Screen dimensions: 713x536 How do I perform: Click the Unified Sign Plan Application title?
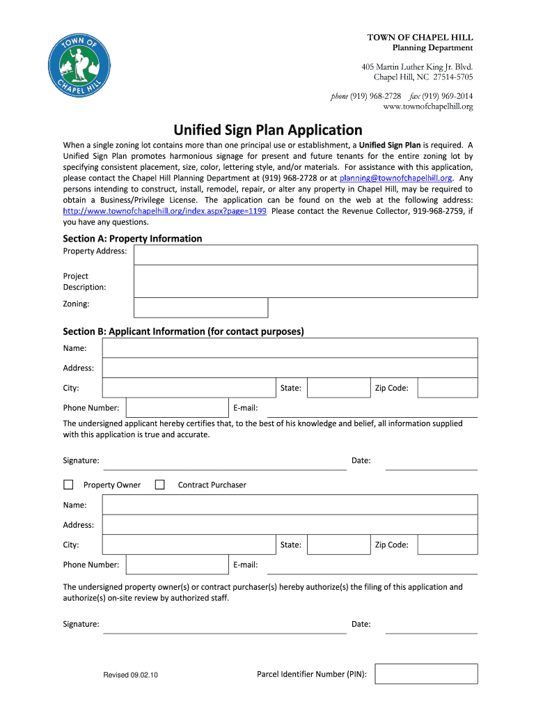click(x=268, y=130)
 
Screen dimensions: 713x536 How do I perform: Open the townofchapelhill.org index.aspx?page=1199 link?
click(x=165, y=211)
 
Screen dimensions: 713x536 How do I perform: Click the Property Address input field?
click(x=306, y=255)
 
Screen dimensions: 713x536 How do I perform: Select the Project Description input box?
click(x=306, y=281)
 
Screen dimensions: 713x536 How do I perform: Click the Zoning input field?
click(x=200, y=308)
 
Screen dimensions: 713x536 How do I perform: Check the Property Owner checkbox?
click(x=68, y=485)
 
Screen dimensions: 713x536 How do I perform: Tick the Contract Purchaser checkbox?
click(x=159, y=485)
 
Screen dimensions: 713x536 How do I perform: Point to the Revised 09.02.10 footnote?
click(x=131, y=675)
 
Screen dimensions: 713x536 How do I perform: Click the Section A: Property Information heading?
click(x=132, y=239)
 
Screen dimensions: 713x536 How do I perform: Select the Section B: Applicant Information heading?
click(x=183, y=331)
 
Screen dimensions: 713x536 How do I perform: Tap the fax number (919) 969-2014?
click(x=441, y=96)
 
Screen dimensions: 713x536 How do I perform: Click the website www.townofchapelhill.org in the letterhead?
click(x=428, y=107)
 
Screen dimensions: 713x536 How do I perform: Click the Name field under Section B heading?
click(x=290, y=348)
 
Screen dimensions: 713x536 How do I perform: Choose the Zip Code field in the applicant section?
click(x=447, y=388)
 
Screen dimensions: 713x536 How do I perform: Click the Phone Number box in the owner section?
click(x=177, y=565)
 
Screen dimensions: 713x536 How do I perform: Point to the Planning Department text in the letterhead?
click(x=432, y=48)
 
